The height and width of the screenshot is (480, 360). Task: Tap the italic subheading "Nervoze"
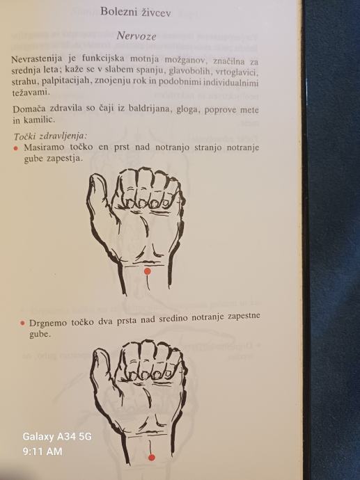coord(136,36)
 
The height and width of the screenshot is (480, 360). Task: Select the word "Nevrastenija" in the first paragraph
coord(37,58)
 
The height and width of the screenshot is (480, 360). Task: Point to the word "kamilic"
coord(39,120)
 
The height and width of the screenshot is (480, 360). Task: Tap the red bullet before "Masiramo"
coord(16,148)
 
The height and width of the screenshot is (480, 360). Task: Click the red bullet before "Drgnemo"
coord(22,323)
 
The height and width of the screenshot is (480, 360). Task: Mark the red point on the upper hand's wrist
coord(148,271)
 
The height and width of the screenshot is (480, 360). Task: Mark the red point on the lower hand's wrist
coord(151,458)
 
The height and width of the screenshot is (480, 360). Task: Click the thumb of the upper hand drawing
coord(97,196)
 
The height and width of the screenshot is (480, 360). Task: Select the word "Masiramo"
coord(44,147)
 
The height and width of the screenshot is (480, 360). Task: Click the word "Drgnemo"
coord(46,323)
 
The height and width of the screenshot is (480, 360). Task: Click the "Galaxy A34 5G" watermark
coord(57,437)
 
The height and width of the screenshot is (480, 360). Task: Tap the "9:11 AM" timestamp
coord(42,451)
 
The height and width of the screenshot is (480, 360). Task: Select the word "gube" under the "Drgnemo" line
coord(40,334)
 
